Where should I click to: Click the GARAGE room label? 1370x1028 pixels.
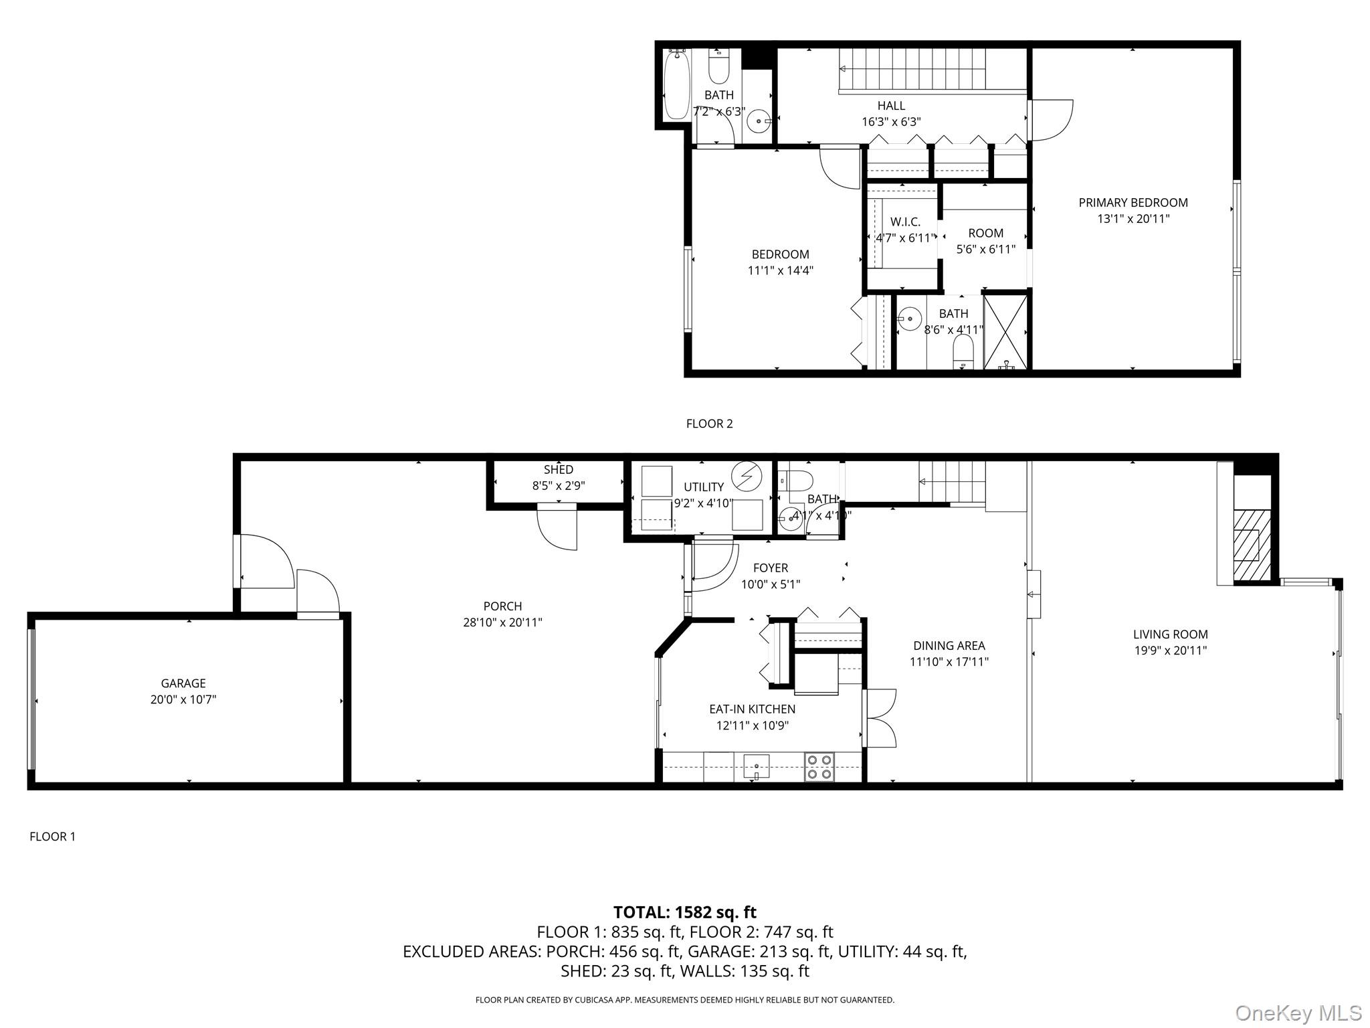(x=183, y=683)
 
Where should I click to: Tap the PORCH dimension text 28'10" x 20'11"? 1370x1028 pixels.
(x=502, y=622)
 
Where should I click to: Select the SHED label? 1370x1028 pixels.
(x=559, y=470)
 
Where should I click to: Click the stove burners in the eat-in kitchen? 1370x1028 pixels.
(x=819, y=766)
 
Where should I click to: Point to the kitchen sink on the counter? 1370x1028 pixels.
(x=756, y=766)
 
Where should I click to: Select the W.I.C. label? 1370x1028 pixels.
(x=905, y=222)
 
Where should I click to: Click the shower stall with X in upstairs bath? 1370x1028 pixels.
(x=1006, y=331)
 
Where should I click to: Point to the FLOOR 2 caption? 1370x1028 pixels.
(x=709, y=424)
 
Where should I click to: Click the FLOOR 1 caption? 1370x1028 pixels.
(x=53, y=837)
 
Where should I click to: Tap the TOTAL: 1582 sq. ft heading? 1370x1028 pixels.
(x=684, y=912)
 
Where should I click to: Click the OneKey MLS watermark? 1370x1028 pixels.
(x=1298, y=1013)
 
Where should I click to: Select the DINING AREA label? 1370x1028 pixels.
(x=949, y=646)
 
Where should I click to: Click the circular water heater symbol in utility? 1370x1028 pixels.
(x=747, y=476)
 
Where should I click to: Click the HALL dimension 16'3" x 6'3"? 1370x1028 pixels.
(x=891, y=122)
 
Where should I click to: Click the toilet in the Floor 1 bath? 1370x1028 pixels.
(x=797, y=480)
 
